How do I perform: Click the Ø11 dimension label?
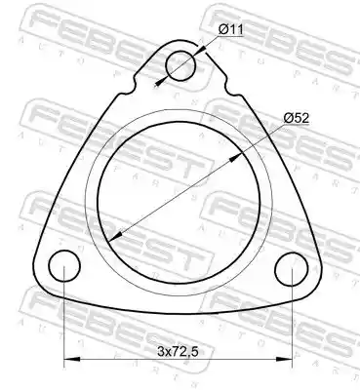click(231, 30)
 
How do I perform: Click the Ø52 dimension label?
click(297, 118)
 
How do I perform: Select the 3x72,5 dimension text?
click(178, 351)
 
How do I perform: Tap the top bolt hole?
click(180, 66)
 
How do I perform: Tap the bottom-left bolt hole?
click(64, 266)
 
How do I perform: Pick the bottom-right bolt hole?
click(291, 269)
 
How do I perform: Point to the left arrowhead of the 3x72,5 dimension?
click(72, 359)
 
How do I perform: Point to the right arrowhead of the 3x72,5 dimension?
click(284, 359)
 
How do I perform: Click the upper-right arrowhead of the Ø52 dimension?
click(236, 158)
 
